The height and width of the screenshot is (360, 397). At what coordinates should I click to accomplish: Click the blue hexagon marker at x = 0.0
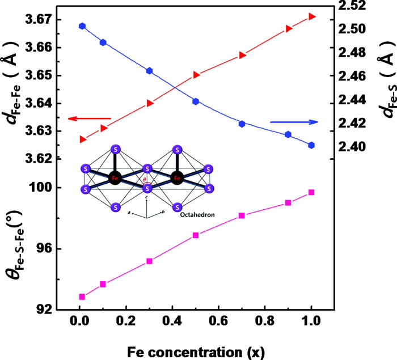(x=82, y=26)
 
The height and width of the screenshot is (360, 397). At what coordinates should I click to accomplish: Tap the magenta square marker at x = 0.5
(x=196, y=235)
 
